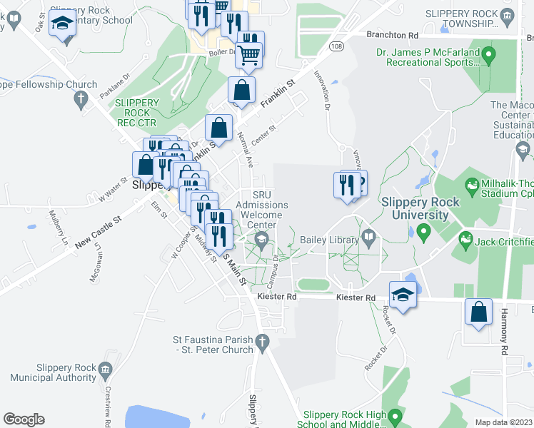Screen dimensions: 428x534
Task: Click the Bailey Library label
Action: [x=329, y=240]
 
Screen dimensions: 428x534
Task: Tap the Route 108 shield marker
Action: [x=336, y=46]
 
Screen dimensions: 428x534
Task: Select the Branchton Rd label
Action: [x=392, y=35]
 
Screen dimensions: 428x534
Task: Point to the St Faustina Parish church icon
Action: [x=262, y=342]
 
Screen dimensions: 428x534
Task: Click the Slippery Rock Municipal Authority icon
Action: [x=106, y=370]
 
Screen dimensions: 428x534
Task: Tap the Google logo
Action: [x=24, y=419]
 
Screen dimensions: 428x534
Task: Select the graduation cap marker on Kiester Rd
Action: [x=403, y=295]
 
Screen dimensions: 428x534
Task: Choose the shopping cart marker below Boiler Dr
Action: [x=249, y=55]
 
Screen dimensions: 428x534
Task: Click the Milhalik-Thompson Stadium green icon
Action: [x=471, y=188]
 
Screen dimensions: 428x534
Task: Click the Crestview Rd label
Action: [x=106, y=407]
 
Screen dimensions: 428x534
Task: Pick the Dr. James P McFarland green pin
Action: [x=489, y=53]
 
